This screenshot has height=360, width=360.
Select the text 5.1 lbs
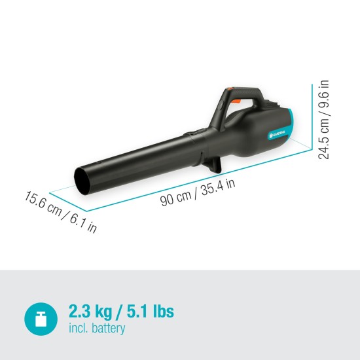point(150,311)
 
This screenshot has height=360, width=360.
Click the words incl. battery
point(97,329)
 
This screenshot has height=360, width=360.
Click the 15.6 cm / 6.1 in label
point(61,211)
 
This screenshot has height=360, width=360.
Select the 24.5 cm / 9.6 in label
point(323,120)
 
